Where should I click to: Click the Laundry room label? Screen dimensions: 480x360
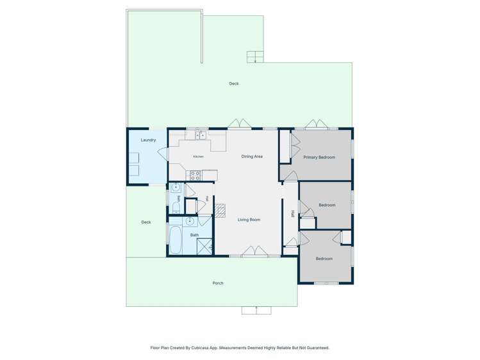pyautogui.click(x=148, y=140)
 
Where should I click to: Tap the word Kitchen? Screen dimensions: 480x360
pyautogui.click(x=199, y=156)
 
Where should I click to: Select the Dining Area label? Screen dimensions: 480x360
pyautogui.click(x=252, y=156)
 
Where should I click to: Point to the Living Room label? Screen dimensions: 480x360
pyautogui.click(x=249, y=220)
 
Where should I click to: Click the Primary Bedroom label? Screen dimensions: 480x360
pyautogui.click(x=319, y=157)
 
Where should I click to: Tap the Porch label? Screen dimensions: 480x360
pyautogui.click(x=218, y=283)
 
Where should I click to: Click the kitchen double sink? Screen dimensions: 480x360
pyautogui.click(x=201, y=135)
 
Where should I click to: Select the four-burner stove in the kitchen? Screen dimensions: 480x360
pyautogui.click(x=195, y=176)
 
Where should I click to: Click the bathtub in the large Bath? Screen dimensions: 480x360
pyautogui.click(x=175, y=240)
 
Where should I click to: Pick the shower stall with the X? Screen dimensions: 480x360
pyautogui.click(x=204, y=247)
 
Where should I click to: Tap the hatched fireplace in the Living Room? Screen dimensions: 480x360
pyautogui.click(x=220, y=211)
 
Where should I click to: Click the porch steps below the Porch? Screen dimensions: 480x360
pyautogui.click(x=256, y=310)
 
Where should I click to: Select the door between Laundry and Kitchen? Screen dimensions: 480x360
pyautogui.click(x=163, y=154)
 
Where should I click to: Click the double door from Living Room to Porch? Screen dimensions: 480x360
pyautogui.click(x=255, y=251)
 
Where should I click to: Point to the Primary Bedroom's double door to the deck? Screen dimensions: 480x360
pyautogui.click(x=317, y=124)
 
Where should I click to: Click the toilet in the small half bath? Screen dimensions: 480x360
pyautogui.click(x=176, y=207)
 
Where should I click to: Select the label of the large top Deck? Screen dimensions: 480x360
pyautogui.click(x=234, y=83)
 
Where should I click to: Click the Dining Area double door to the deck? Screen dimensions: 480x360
pyautogui.click(x=240, y=124)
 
